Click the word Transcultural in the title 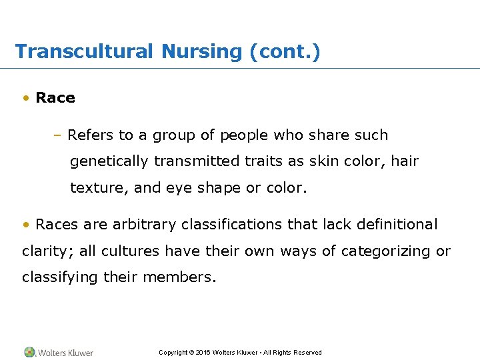click(83, 51)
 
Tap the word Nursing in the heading click(199, 51)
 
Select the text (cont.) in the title click(285, 51)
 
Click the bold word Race click(55, 98)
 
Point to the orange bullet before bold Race click(25, 98)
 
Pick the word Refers click(91, 135)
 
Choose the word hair click(404, 161)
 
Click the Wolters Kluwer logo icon click(29, 352)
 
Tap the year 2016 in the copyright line click(203, 353)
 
